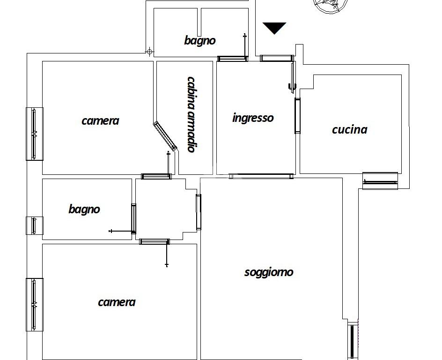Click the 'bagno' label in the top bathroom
pyautogui.click(x=200, y=40)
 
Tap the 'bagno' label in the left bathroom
pyautogui.click(x=84, y=209)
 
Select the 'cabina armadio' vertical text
pyautogui.click(x=191, y=114)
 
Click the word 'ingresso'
pyautogui.click(x=253, y=118)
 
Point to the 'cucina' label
pyautogui.click(x=349, y=129)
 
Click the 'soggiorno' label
pyautogui.click(x=269, y=272)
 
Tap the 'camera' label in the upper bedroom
pyautogui.click(x=100, y=120)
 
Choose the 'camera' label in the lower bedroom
pyautogui.click(x=117, y=302)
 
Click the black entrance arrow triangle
pyautogui.click(x=274, y=28)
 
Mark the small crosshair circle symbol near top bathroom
pyautogui.click(x=149, y=51)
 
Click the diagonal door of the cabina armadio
pyautogui.click(x=165, y=135)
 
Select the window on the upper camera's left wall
pyautogui.click(x=34, y=134)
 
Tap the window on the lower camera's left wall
pyautogui.click(x=34, y=305)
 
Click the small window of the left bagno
pyautogui.click(x=34, y=225)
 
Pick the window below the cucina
pyautogui.click(x=380, y=181)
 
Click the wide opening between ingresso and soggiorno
pyautogui.click(x=261, y=176)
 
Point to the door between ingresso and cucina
pyautogui.click(x=297, y=115)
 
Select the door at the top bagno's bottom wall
pyautogui.click(x=232, y=59)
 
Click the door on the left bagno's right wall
pyautogui.click(x=133, y=218)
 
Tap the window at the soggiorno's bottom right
pyautogui.click(x=353, y=340)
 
